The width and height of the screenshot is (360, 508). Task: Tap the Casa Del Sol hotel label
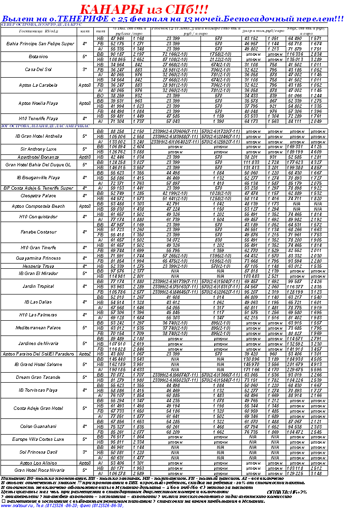[x=38, y=69]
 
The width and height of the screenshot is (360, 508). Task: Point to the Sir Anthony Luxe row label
[x=39, y=149]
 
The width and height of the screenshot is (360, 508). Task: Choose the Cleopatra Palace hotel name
[x=39, y=195]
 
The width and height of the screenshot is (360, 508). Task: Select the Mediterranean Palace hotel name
[x=38, y=328]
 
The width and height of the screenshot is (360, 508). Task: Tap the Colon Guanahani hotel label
[x=39, y=426]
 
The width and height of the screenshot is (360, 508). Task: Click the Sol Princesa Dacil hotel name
[x=39, y=452]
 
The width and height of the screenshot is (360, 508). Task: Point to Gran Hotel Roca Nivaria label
[x=39, y=470]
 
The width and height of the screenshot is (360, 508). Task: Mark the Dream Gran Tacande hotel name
[x=39, y=377]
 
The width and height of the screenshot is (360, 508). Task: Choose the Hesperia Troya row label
[x=38, y=266]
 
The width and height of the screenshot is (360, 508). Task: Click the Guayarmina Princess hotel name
[x=38, y=258]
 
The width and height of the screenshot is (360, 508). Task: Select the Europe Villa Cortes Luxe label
[x=38, y=439]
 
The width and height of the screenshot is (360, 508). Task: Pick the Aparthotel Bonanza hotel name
[x=39, y=156]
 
